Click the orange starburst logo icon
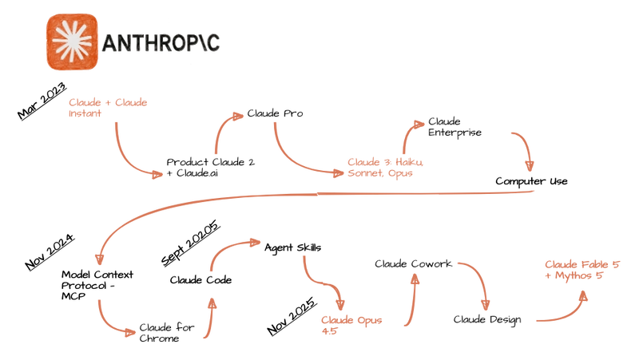point(72,42)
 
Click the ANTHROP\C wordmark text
point(161,43)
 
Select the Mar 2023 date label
point(42,101)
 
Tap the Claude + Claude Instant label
point(108,108)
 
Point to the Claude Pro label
point(275,113)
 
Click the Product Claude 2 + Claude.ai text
point(211,168)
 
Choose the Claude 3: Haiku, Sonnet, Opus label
point(386,168)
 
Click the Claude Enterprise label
point(454,127)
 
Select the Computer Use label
point(531,181)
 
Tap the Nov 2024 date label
point(50,251)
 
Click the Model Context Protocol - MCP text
point(97,285)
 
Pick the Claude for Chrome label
point(167,333)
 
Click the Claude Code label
point(200,280)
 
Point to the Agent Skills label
point(292,248)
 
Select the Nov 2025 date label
point(292,316)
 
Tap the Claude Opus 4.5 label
point(351,326)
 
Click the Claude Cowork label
point(413,264)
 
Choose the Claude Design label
point(487,320)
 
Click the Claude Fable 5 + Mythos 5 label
point(582,270)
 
